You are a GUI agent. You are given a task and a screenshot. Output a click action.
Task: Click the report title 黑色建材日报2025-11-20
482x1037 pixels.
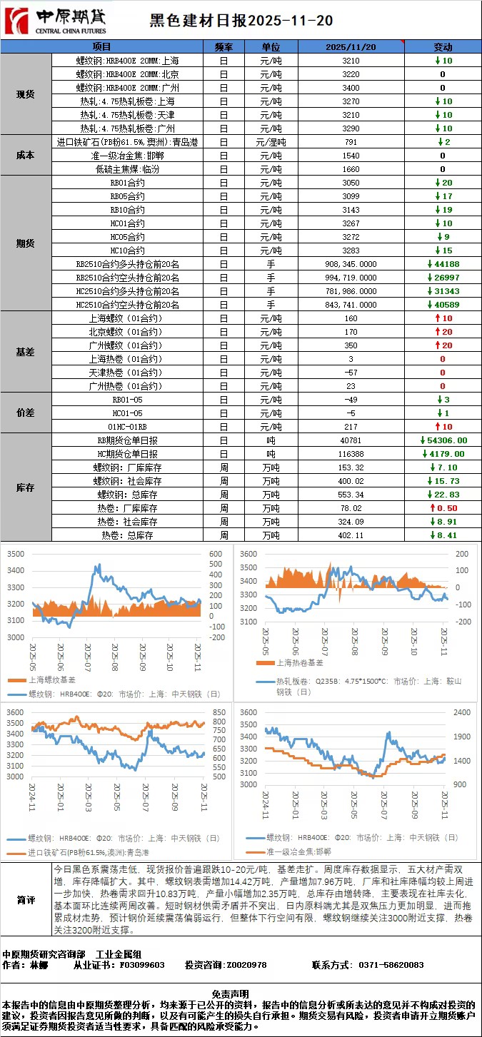pyautogui.click(x=241, y=21)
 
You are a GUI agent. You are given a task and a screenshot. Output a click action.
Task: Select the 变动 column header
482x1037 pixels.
pyautogui.click(x=443, y=47)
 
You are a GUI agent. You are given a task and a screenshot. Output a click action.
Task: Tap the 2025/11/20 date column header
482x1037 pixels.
pyautogui.click(x=351, y=47)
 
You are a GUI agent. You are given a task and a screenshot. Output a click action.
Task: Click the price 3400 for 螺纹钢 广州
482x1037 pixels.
pyautogui.click(x=351, y=88)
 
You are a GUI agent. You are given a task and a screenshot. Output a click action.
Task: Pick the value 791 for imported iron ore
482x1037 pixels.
pyautogui.click(x=351, y=142)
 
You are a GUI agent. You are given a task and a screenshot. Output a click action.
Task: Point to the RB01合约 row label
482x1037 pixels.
pyautogui.click(x=127, y=183)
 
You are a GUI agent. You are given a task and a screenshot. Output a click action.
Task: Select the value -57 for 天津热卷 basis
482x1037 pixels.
pyautogui.click(x=351, y=373)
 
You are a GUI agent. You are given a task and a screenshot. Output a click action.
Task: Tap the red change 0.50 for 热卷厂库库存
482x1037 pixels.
pyautogui.click(x=443, y=508)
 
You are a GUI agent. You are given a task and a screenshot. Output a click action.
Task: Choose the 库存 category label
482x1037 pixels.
pyautogui.click(x=26, y=487)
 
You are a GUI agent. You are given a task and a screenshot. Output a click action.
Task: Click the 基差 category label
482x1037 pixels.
pyautogui.click(x=26, y=352)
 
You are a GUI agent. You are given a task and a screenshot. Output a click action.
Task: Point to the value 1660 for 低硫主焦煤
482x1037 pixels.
pyautogui.click(x=351, y=169)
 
